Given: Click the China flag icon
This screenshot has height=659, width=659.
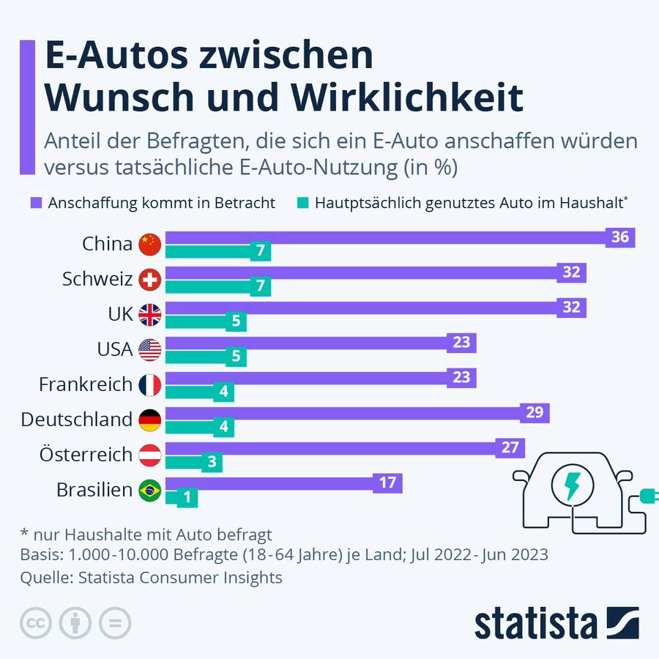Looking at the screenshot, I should (x=150, y=244).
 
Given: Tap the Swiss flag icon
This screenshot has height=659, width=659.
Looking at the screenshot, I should (x=150, y=279).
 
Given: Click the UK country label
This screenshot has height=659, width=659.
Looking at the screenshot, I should (x=120, y=314).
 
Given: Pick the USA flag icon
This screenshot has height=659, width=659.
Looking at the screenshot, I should (x=150, y=349).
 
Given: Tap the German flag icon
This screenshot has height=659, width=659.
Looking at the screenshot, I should (x=150, y=420).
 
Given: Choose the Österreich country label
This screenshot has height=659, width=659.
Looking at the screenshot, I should (x=86, y=455).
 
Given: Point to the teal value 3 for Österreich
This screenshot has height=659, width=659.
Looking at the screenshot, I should (x=211, y=463).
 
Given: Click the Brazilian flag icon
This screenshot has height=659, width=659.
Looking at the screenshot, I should (x=150, y=490).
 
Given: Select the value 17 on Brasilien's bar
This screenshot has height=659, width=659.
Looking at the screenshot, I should (x=388, y=483).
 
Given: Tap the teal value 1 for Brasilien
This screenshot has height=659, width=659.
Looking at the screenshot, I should (x=187, y=498).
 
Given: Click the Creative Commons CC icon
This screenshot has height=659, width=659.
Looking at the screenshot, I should (x=34, y=623).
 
